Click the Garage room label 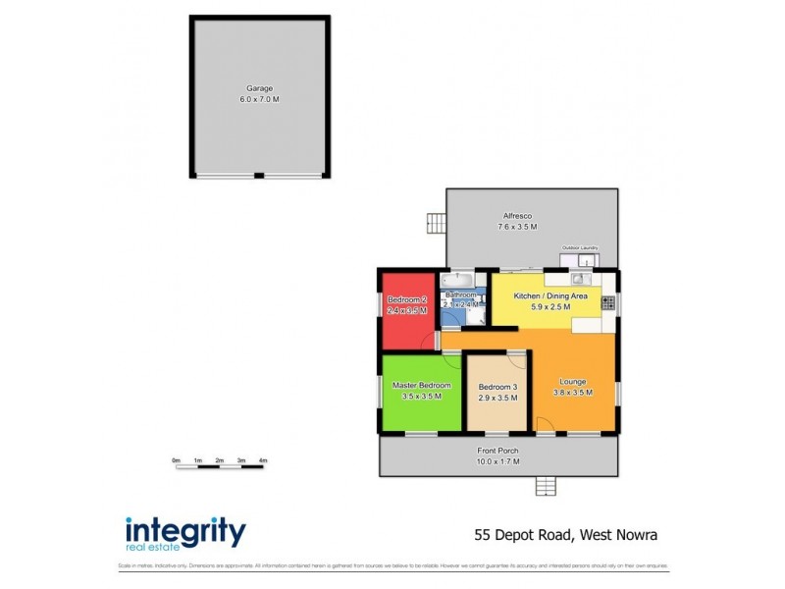(x=260, y=88)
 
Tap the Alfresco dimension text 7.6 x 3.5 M (x=518, y=228)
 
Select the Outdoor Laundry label (x=579, y=248)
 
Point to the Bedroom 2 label (x=407, y=299)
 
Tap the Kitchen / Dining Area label (x=550, y=295)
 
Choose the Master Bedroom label (x=422, y=386)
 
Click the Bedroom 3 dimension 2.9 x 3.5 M (x=497, y=400)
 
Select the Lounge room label (x=573, y=382)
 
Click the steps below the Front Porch (x=546, y=485)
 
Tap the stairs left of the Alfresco (x=436, y=224)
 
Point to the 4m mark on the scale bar (x=263, y=459)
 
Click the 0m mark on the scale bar (x=176, y=459)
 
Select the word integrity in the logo (x=184, y=531)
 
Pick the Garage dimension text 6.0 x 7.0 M (x=260, y=100)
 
